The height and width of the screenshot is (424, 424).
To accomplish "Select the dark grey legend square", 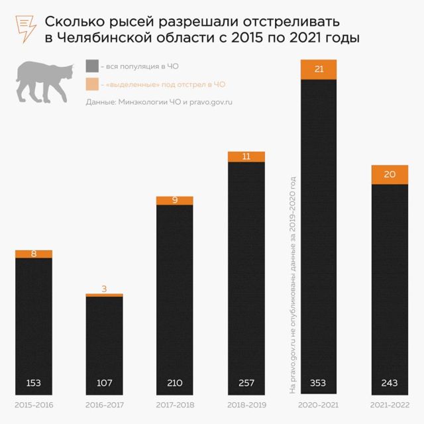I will [92, 66].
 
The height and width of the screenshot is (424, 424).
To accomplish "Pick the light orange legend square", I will [92, 84].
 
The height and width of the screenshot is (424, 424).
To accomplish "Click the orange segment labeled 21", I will [319, 70].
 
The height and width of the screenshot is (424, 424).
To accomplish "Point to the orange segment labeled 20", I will [390, 174].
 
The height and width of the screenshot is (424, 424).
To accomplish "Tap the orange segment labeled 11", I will [246, 157].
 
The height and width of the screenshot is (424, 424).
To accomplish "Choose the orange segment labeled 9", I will [175, 200].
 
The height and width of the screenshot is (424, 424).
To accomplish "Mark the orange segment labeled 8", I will [33, 253].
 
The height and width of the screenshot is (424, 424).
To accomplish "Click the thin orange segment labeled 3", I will [104, 295].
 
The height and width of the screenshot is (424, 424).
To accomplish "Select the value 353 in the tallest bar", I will [319, 384].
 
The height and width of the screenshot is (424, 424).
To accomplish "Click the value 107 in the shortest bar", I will [104, 384].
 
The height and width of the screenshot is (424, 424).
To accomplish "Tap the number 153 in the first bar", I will [33, 384].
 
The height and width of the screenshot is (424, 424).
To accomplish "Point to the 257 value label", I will [246, 384].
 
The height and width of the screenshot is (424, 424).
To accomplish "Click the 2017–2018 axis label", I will [175, 405].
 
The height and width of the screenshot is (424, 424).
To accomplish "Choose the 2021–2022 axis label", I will [390, 405].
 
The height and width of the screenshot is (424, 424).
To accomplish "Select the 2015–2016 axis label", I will [33, 405].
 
